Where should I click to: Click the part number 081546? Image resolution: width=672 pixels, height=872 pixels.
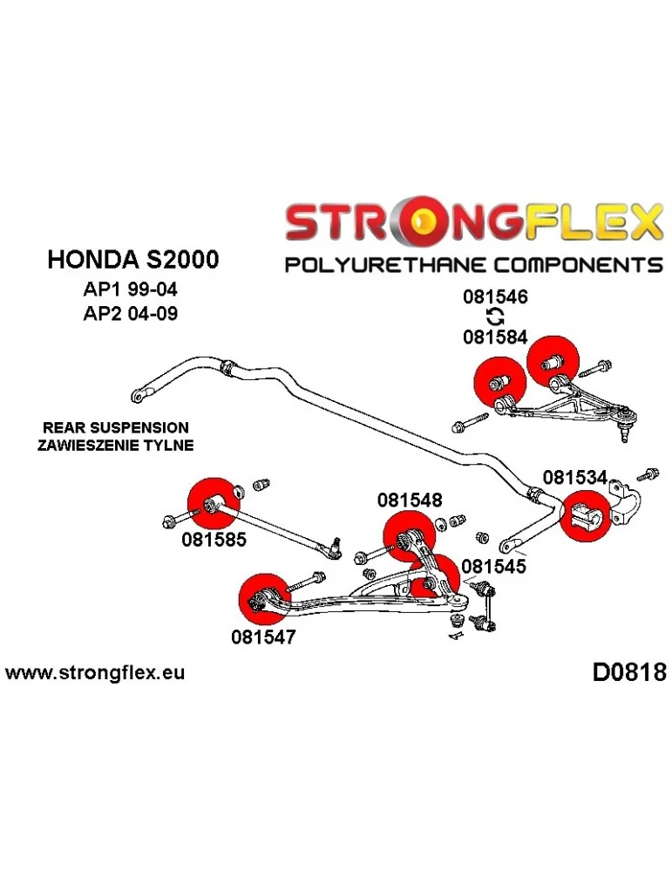pyautogui.click(x=495, y=297)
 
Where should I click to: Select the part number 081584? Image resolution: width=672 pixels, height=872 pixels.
pyautogui.click(x=495, y=336)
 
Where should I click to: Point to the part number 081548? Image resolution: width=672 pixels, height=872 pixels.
pyautogui.click(x=409, y=501)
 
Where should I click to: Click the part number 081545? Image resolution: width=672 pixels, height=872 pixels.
pyautogui.click(x=492, y=565)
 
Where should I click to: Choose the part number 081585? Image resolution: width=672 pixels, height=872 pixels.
pyautogui.click(x=214, y=540)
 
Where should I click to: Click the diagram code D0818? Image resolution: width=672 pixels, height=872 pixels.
pyautogui.click(x=628, y=672)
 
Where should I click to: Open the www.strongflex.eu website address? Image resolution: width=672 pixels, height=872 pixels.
pyautogui.click(x=95, y=673)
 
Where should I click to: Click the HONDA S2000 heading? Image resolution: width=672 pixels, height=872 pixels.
pyautogui.click(x=132, y=259)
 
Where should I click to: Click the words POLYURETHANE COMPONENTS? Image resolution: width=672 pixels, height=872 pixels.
pyautogui.click(x=475, y=263)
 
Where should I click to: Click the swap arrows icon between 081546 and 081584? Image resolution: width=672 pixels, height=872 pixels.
pyautogui.click(x=495, y=317)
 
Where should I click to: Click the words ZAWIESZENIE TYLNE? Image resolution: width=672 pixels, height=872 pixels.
pyautogui.click(x=115, y=445)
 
